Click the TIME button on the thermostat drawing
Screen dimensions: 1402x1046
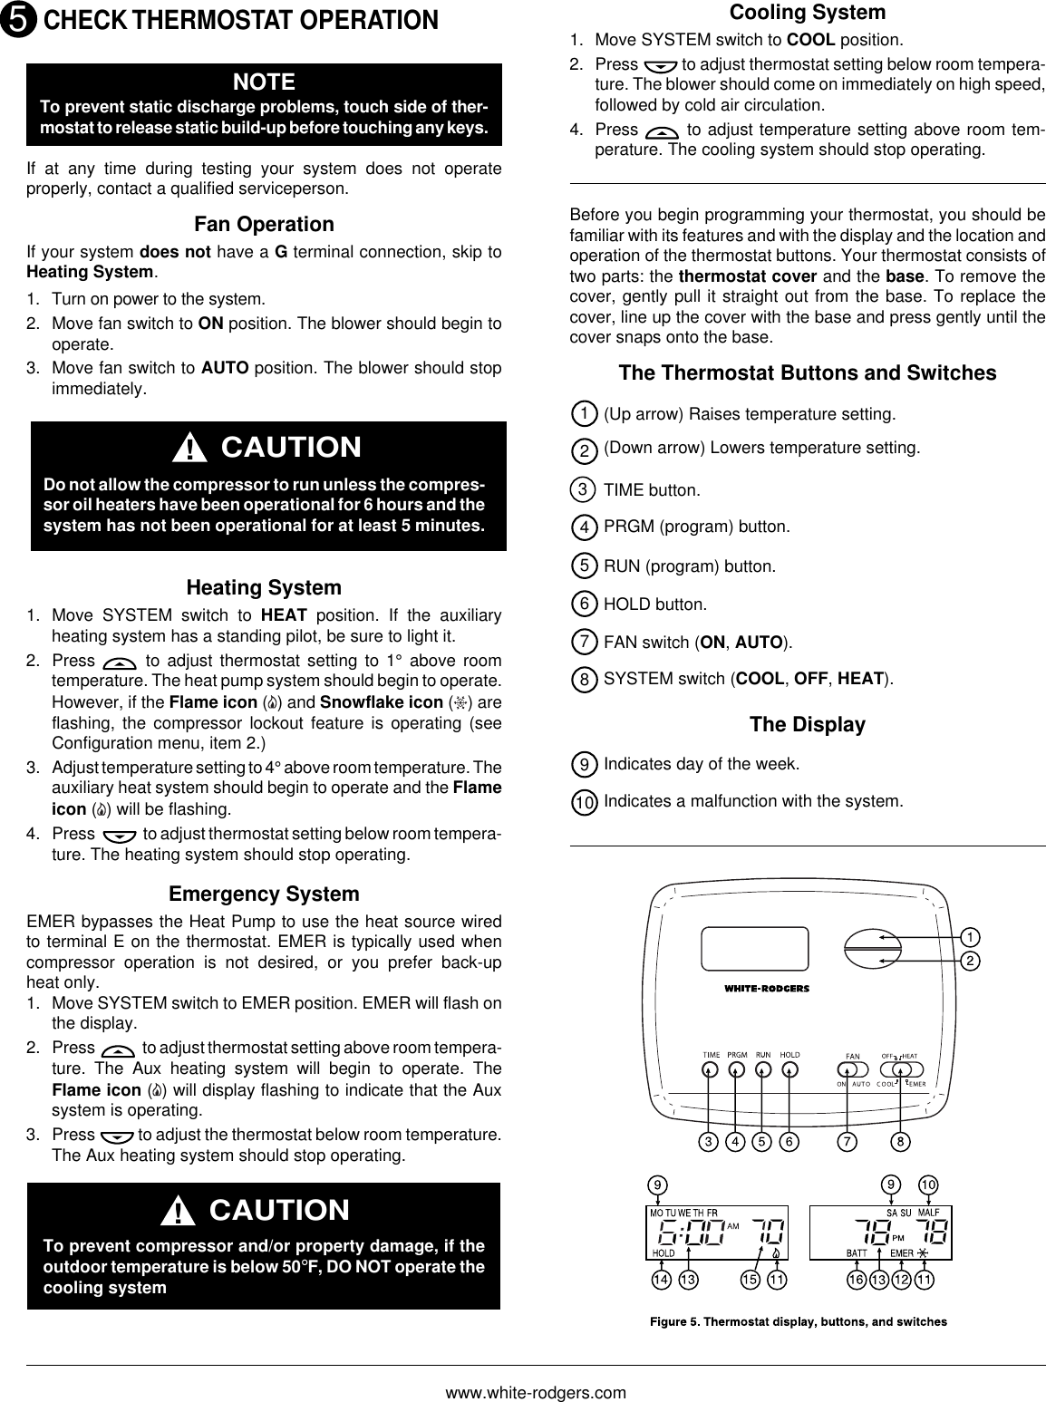coord(708,1069)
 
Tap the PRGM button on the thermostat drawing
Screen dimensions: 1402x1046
coord(737,1069)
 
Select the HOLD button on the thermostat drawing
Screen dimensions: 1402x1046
coord(790,1069)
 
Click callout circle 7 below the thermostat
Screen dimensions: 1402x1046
coord(847,1142)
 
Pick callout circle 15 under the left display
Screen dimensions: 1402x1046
coord(750,1280)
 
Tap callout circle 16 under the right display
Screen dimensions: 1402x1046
coord(856,1280)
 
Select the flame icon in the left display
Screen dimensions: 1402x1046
coord(777,1252)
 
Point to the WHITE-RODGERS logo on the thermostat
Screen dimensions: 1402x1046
coord(766,988)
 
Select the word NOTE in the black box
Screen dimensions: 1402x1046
coord(264,82)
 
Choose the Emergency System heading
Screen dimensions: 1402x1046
coord(264,894)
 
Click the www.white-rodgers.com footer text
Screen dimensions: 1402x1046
coord(536,1392)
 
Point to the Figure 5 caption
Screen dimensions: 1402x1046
coord(799,1321)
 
